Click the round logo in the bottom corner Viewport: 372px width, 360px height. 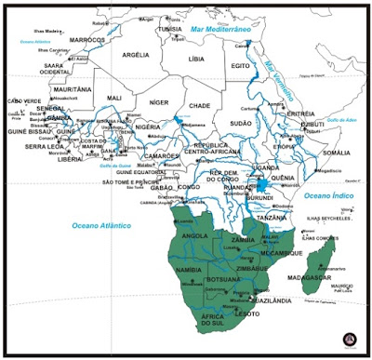pos(349,338)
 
